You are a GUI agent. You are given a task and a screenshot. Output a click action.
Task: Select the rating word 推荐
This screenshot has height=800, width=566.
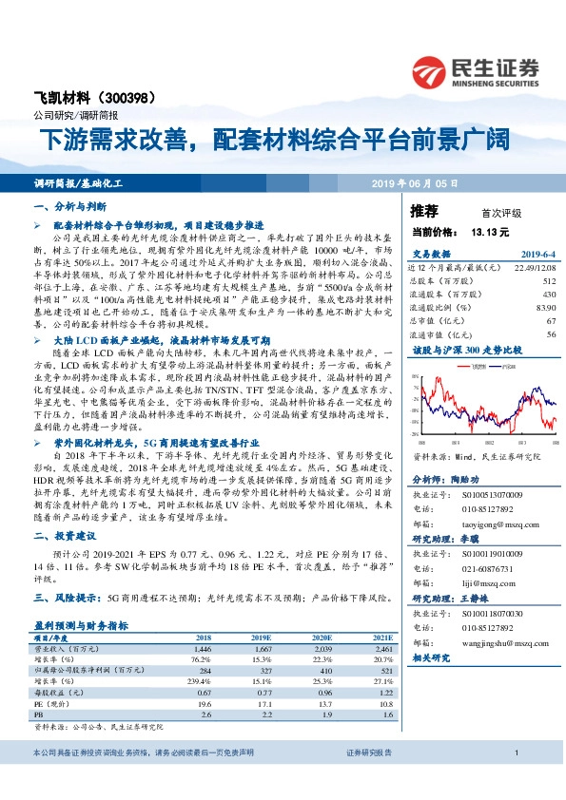424,209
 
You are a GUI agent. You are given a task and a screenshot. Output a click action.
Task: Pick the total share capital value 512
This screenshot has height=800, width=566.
546,281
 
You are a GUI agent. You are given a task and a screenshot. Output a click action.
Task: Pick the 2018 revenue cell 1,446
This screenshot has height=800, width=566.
200,647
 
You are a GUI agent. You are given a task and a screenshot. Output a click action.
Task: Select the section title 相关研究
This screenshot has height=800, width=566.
433,657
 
